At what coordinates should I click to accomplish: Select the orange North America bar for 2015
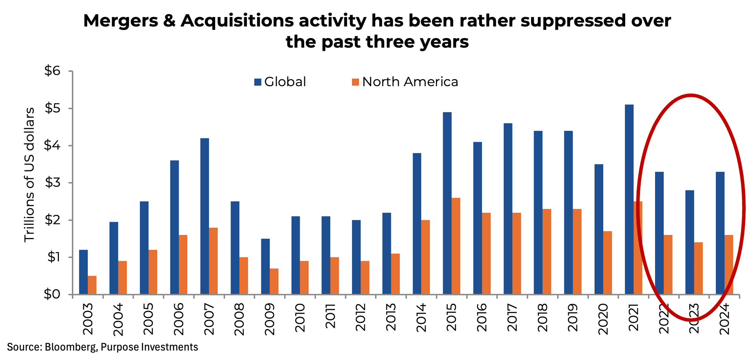(456, 246)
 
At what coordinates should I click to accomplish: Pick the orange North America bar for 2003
(92, 285)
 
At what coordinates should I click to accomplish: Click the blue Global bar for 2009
(265, 266)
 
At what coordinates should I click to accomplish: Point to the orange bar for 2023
(698, 268)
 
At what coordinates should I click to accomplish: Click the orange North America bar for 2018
(547, 252)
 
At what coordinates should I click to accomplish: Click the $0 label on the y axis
(52, 295)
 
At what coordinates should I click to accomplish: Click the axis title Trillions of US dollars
(29, 175)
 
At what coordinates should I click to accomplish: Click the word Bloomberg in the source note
(70, 347)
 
